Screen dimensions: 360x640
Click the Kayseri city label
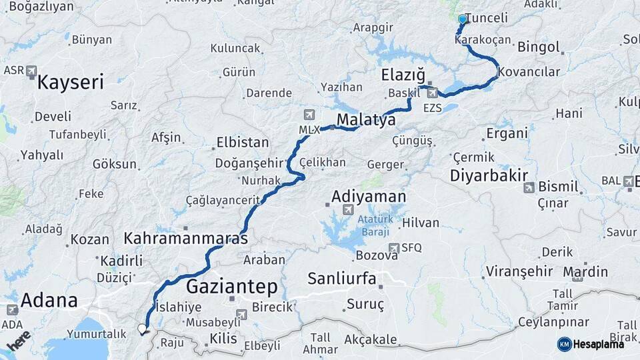click(71, 83)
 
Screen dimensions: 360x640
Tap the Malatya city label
click(366, 119)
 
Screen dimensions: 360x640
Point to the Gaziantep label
click(231, 287)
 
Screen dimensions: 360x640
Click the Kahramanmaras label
click(185, 238)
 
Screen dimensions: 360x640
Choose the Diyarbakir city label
click(493, 175)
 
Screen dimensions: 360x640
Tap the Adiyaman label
click(369, 196)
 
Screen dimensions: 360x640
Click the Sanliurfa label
click(342, 277)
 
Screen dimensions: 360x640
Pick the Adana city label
click(49, 300)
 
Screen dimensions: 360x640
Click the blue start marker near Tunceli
click(462, 19)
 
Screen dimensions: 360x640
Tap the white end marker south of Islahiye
click(141, 329)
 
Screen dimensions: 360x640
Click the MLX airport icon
click(308, 115)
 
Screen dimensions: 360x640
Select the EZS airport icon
click(433, 93)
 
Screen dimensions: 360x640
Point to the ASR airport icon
click(31, 71)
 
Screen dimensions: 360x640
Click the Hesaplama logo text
click(599, 344)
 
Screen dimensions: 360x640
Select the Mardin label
click(585, 271)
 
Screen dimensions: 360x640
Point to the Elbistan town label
click(243, 143)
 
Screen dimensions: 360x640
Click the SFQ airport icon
click(394, 248)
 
